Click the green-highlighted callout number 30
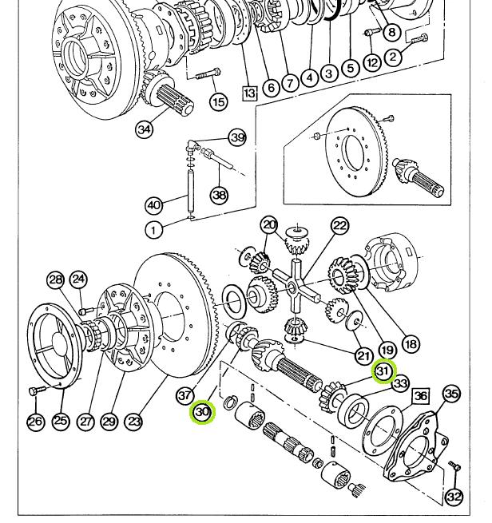tap(203, 412)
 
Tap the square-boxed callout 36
tap(421, 396)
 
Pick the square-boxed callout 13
tap(250, 93)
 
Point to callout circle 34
tap(145, 128)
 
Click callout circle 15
tap(218, 101)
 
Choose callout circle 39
tap(238, 137)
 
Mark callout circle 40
tap(154, 204)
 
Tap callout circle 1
tap(154, 229)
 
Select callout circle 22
tap(340, 226)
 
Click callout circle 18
tap(411, 344)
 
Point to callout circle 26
tap(35, 421)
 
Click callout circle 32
tap(454, 497)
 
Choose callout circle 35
tap(452, 394)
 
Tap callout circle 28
tap(55, 279)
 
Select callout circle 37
tap(185, 394)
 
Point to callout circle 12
tap(371, 62)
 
